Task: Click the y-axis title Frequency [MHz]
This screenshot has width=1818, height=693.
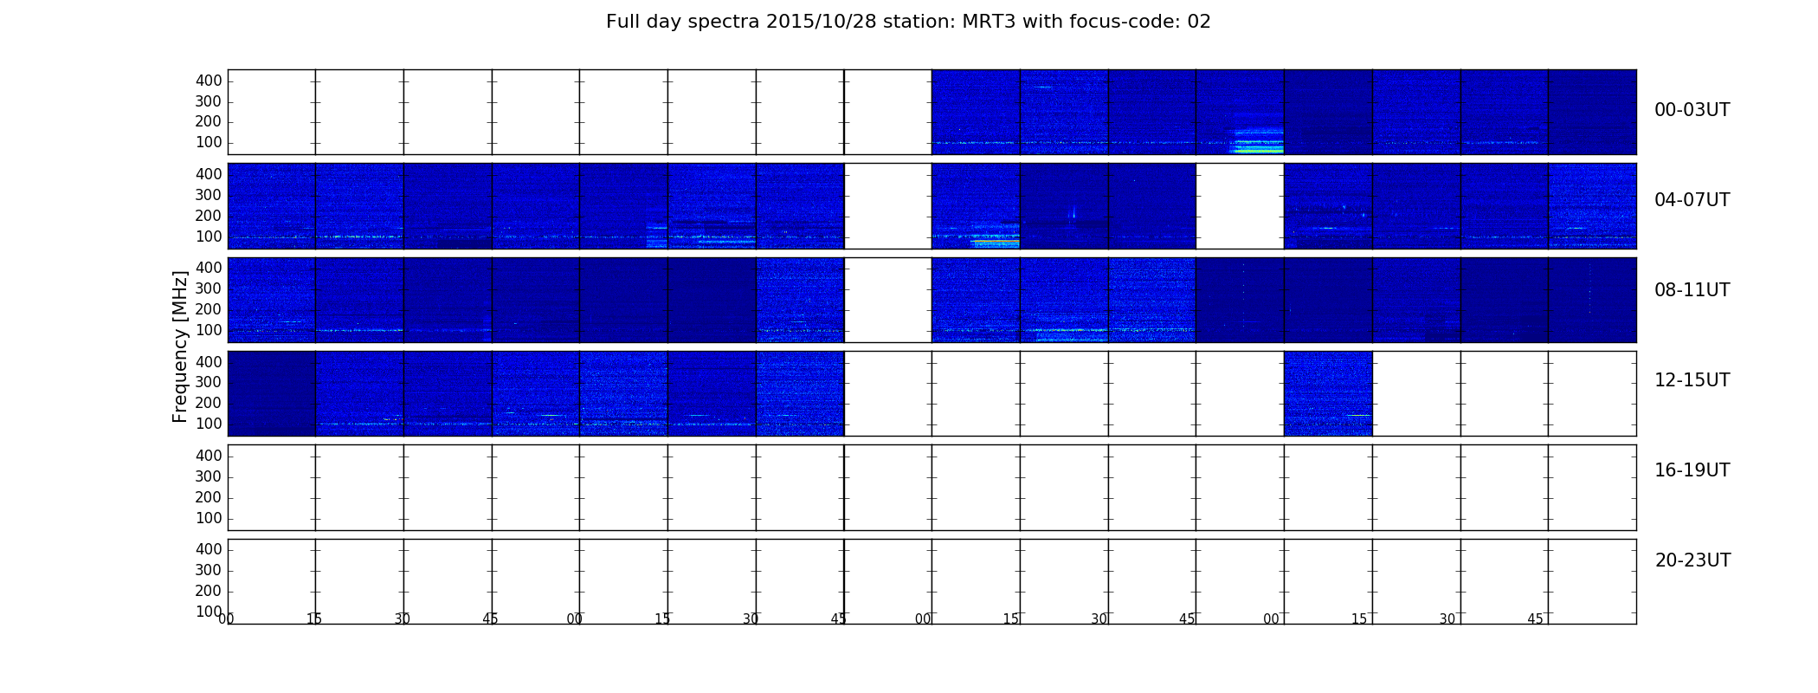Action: pyautogui.click(x=180, y=346)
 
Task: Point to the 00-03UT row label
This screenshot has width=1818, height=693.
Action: pyautogui.click(x=1692, y=110)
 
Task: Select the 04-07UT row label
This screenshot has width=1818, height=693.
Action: pyautogui.click(x=1692, y=200)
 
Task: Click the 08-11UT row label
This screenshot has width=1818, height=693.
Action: pyautogui.click(x=1692, y=290)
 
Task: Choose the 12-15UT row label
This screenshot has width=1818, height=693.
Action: pyautogui.click(x=1692, y=380)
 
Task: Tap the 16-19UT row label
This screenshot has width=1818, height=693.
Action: pyautogui.click(x=1692, y=470)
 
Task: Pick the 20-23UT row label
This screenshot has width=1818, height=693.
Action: pyautogui.click(x=1692, y=560)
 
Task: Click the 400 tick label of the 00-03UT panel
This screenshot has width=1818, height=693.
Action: pyautogui.click(x=209, y=81)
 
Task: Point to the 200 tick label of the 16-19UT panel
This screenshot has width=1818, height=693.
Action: pyautogui.click(x=209, y=497)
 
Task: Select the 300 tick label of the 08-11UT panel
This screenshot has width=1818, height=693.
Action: pyautogui.click(x=209, y=288)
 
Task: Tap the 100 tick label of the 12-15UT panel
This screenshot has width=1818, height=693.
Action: pyautogui.click(x=209, y=424)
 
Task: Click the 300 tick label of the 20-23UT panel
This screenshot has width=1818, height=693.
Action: pyautogui.click(x=209, y=570)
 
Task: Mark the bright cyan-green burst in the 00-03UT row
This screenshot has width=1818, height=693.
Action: pyautogui.click(x=1257, y=143)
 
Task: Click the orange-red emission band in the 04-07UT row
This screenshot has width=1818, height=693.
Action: pyautogui.click(x=996, y=243)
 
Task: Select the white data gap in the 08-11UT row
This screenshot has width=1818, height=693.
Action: pyautogui.click(x=887, y=300)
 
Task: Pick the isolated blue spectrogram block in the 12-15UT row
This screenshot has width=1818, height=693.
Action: pyautogui.click(x=1328, y=393)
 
